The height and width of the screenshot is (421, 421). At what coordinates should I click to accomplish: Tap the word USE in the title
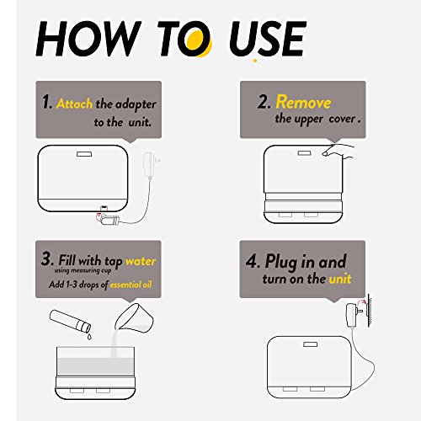[x=267, y=39]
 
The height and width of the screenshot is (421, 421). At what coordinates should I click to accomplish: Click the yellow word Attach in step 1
[x=74, y=104]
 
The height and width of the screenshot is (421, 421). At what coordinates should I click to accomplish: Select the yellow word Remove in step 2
[x=303, y=102]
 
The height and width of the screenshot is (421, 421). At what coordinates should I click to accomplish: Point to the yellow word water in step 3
[x=141, y=261]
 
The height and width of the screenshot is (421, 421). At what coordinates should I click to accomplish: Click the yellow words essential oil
[x=131, y=285]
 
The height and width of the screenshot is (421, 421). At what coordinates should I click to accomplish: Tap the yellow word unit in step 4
[x=340, y=279]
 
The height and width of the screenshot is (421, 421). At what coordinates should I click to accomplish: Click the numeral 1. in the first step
[x=47, y=102]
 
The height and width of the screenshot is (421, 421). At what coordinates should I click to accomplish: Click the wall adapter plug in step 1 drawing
[x=151, y=165]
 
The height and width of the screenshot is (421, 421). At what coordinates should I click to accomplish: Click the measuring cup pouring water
[x=134, y=317]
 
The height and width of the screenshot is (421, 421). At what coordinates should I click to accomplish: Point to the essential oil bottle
[x=70, y=321]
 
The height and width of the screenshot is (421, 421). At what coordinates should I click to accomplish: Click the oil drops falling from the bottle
[x=89, y=337]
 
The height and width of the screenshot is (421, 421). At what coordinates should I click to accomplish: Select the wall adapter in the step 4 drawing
[x=353, y=315]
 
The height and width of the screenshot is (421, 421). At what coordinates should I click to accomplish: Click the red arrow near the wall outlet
[x=361, y=301]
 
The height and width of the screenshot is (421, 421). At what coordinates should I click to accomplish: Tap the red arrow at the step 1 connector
[x=99, y=216]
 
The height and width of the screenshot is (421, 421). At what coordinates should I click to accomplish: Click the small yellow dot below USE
[x=255, y=61]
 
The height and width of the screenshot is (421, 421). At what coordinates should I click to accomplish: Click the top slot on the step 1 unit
[x=84, y=154]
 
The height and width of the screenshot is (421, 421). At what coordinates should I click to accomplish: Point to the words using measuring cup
[x=83, y=271]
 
